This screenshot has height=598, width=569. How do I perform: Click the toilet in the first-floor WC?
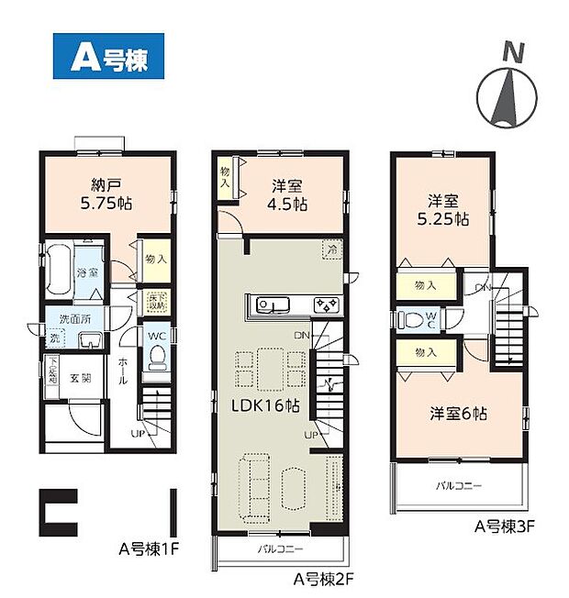point(156,354)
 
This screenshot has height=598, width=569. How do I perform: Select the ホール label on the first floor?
point(123,372)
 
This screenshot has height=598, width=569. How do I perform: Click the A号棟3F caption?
point(504,528)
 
